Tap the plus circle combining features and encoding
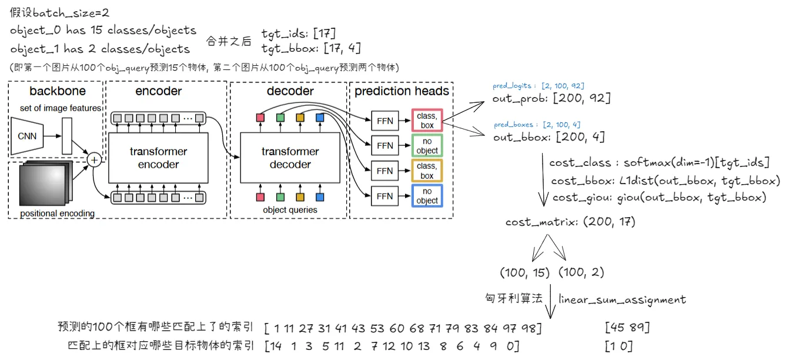(93, 159)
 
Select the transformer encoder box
(158, 158)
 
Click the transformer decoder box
(290, 158)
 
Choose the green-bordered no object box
(427, 146)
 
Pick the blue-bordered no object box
(427, 196)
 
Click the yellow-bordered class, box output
(427, 171)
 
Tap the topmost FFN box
(384, 121)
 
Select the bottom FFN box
(384, 196)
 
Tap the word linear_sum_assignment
(622, 299)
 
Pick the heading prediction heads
(402, 91)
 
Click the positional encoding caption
(57, 213)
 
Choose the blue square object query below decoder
(320, 196)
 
